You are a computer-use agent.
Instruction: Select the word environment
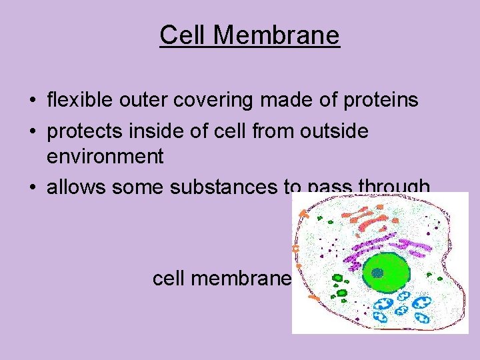(105, 157)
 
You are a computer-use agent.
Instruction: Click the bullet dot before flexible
(32, 101)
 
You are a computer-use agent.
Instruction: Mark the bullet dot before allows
(32, 188)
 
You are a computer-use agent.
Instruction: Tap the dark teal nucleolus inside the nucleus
(378, 272)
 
